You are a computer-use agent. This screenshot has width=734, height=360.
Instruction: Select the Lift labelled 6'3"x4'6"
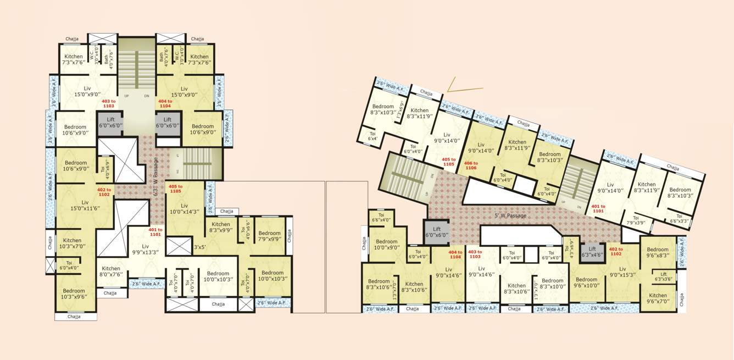pos(592,252)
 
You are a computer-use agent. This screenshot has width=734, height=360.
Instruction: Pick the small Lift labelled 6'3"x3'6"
pos(664,276)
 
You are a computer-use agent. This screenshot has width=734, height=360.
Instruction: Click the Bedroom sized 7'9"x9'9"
pos(269,236)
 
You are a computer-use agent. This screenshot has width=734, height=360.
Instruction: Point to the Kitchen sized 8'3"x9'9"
pos(221,228)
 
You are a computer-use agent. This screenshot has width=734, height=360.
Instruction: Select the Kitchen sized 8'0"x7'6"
pos(110,272)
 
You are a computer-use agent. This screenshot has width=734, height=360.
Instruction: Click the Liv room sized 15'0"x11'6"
pos(85,206)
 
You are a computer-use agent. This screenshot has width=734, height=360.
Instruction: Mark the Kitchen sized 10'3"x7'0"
pos(72,243)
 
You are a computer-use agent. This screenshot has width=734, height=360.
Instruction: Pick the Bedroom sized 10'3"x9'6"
pos(74,294)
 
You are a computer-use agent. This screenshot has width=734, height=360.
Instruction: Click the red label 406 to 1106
pos(471,165)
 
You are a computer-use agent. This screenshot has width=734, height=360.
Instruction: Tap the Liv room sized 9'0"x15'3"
pos(622,272)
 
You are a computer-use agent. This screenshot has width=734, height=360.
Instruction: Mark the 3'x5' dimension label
pos(199,247)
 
